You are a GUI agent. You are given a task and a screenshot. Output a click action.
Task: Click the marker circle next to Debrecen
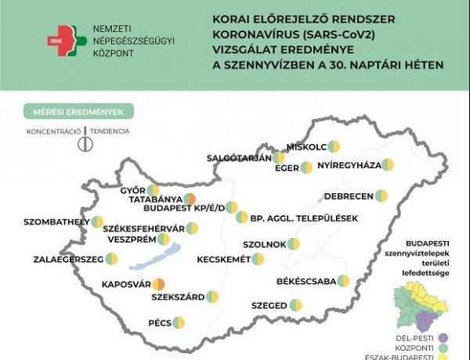(x=381, y=195)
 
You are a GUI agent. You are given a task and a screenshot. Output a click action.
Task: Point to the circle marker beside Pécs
(x=179, y=322)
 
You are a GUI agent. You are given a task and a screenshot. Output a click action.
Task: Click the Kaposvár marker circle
(x=158, y=284)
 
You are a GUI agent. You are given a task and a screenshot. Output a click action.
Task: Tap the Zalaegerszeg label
(x=68, y=258)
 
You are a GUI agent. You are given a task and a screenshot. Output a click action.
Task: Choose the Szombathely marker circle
(x=97, y=222)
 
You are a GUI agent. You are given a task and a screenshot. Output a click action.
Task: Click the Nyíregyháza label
(x=349, y=165)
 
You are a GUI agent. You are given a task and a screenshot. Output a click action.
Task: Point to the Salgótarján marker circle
(x=278, y=157)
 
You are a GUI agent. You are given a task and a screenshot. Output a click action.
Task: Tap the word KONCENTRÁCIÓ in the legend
(x=52, y=131)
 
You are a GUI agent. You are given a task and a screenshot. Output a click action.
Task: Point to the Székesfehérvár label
(x=143, y=229)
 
